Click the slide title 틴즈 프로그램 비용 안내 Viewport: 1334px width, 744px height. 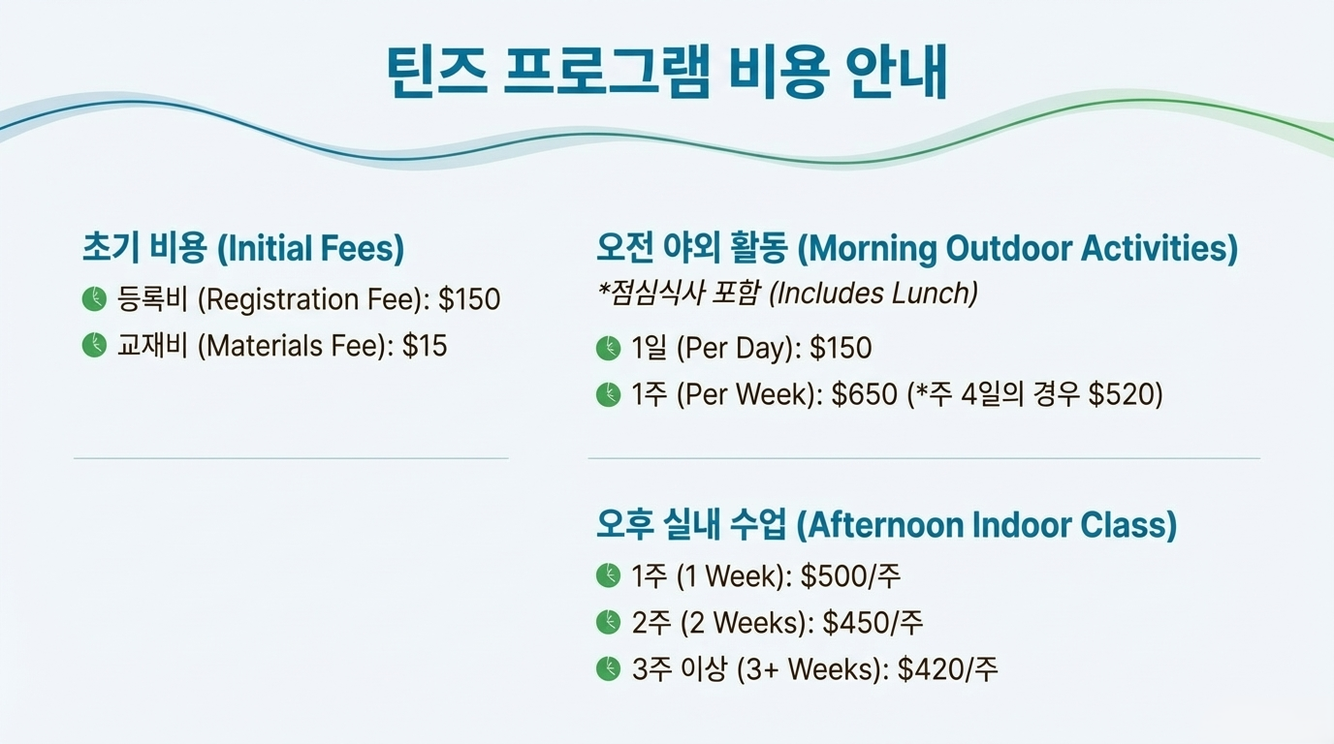[667, 72]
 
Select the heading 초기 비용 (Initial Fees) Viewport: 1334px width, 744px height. [243, 248]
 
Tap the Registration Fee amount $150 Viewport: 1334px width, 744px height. [469, 298]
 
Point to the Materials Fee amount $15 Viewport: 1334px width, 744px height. [425, 345]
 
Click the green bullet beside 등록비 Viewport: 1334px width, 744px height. [94, 298]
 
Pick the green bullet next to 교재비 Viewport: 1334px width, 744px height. [94, 345]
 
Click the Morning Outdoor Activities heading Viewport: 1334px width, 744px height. [917, 248]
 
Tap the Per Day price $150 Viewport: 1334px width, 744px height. [841, 348]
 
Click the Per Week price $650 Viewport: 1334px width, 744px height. [864, 394]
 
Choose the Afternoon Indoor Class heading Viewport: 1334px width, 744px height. [887, 524]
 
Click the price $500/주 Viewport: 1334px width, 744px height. [850, 575]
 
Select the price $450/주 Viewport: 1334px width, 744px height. [873, 623]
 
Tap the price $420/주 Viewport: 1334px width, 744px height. [947, 669]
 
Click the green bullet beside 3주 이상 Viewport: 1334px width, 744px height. [608, 669]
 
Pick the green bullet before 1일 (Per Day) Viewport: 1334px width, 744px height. [608, 348]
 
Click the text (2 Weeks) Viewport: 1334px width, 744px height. [747, 623]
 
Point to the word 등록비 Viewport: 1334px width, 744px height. [152, 298]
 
